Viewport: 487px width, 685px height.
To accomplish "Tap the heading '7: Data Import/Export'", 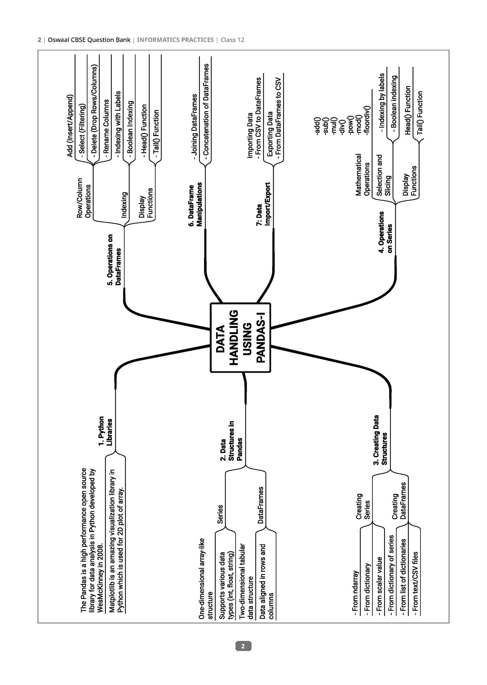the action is point(263,204).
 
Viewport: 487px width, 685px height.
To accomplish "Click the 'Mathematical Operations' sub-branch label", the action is point(363,175).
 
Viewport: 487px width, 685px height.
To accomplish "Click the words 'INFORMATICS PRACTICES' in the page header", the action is point(175,40).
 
